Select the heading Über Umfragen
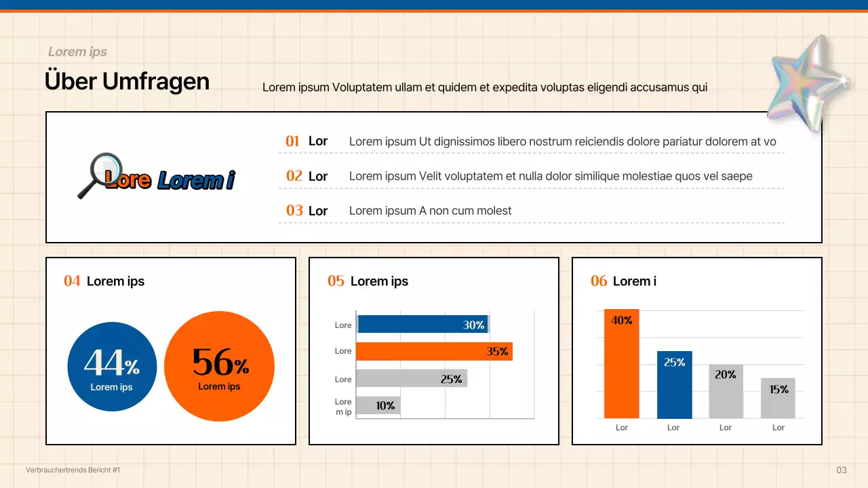click(127, 81)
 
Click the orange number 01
click(292, 141)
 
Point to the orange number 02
click(294, 176)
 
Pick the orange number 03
click(294, 210)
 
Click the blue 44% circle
click(112, 367)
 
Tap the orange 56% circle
click(219, 366)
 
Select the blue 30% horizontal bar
click(422, 325)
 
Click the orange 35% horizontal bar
click(434, 351)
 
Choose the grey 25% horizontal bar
click(411, 379)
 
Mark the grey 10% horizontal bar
click(378, 405)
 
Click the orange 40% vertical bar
click(621, 363)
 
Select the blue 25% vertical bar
click(674, 384)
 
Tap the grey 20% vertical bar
click(726, 391)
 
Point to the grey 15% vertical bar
click(778, 398)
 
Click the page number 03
click(842, 470)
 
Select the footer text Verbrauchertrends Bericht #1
click(73, 470)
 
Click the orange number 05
click(336, 281)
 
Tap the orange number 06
click(599, 281)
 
